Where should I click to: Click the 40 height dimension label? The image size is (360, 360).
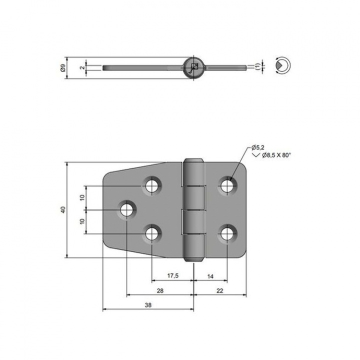63,210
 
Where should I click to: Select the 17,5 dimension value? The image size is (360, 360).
172,275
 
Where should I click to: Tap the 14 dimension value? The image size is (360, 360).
209,275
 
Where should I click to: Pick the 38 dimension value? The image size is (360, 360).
148,304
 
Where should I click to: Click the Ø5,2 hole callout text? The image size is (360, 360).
257,147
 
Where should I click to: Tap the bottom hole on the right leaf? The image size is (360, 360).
227,233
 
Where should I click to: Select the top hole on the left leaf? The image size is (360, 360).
151,185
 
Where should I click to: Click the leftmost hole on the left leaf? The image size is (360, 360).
126,209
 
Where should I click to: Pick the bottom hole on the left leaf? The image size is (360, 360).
151,233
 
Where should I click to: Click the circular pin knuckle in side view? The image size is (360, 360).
194,66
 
